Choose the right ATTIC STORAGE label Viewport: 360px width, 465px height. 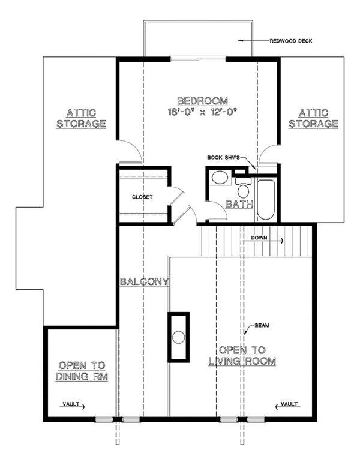tap(313, 118)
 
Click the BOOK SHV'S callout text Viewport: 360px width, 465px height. tap(223, 157)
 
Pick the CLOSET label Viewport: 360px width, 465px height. tap(142, 197)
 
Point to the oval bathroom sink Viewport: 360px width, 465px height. tap(220, 179)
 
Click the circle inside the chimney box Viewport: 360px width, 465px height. tap(178, 337)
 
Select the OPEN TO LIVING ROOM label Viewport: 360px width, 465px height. tap(242, 355)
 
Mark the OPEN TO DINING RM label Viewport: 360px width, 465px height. tap(82, 370)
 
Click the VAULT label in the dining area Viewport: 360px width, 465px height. tap(70, 405)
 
